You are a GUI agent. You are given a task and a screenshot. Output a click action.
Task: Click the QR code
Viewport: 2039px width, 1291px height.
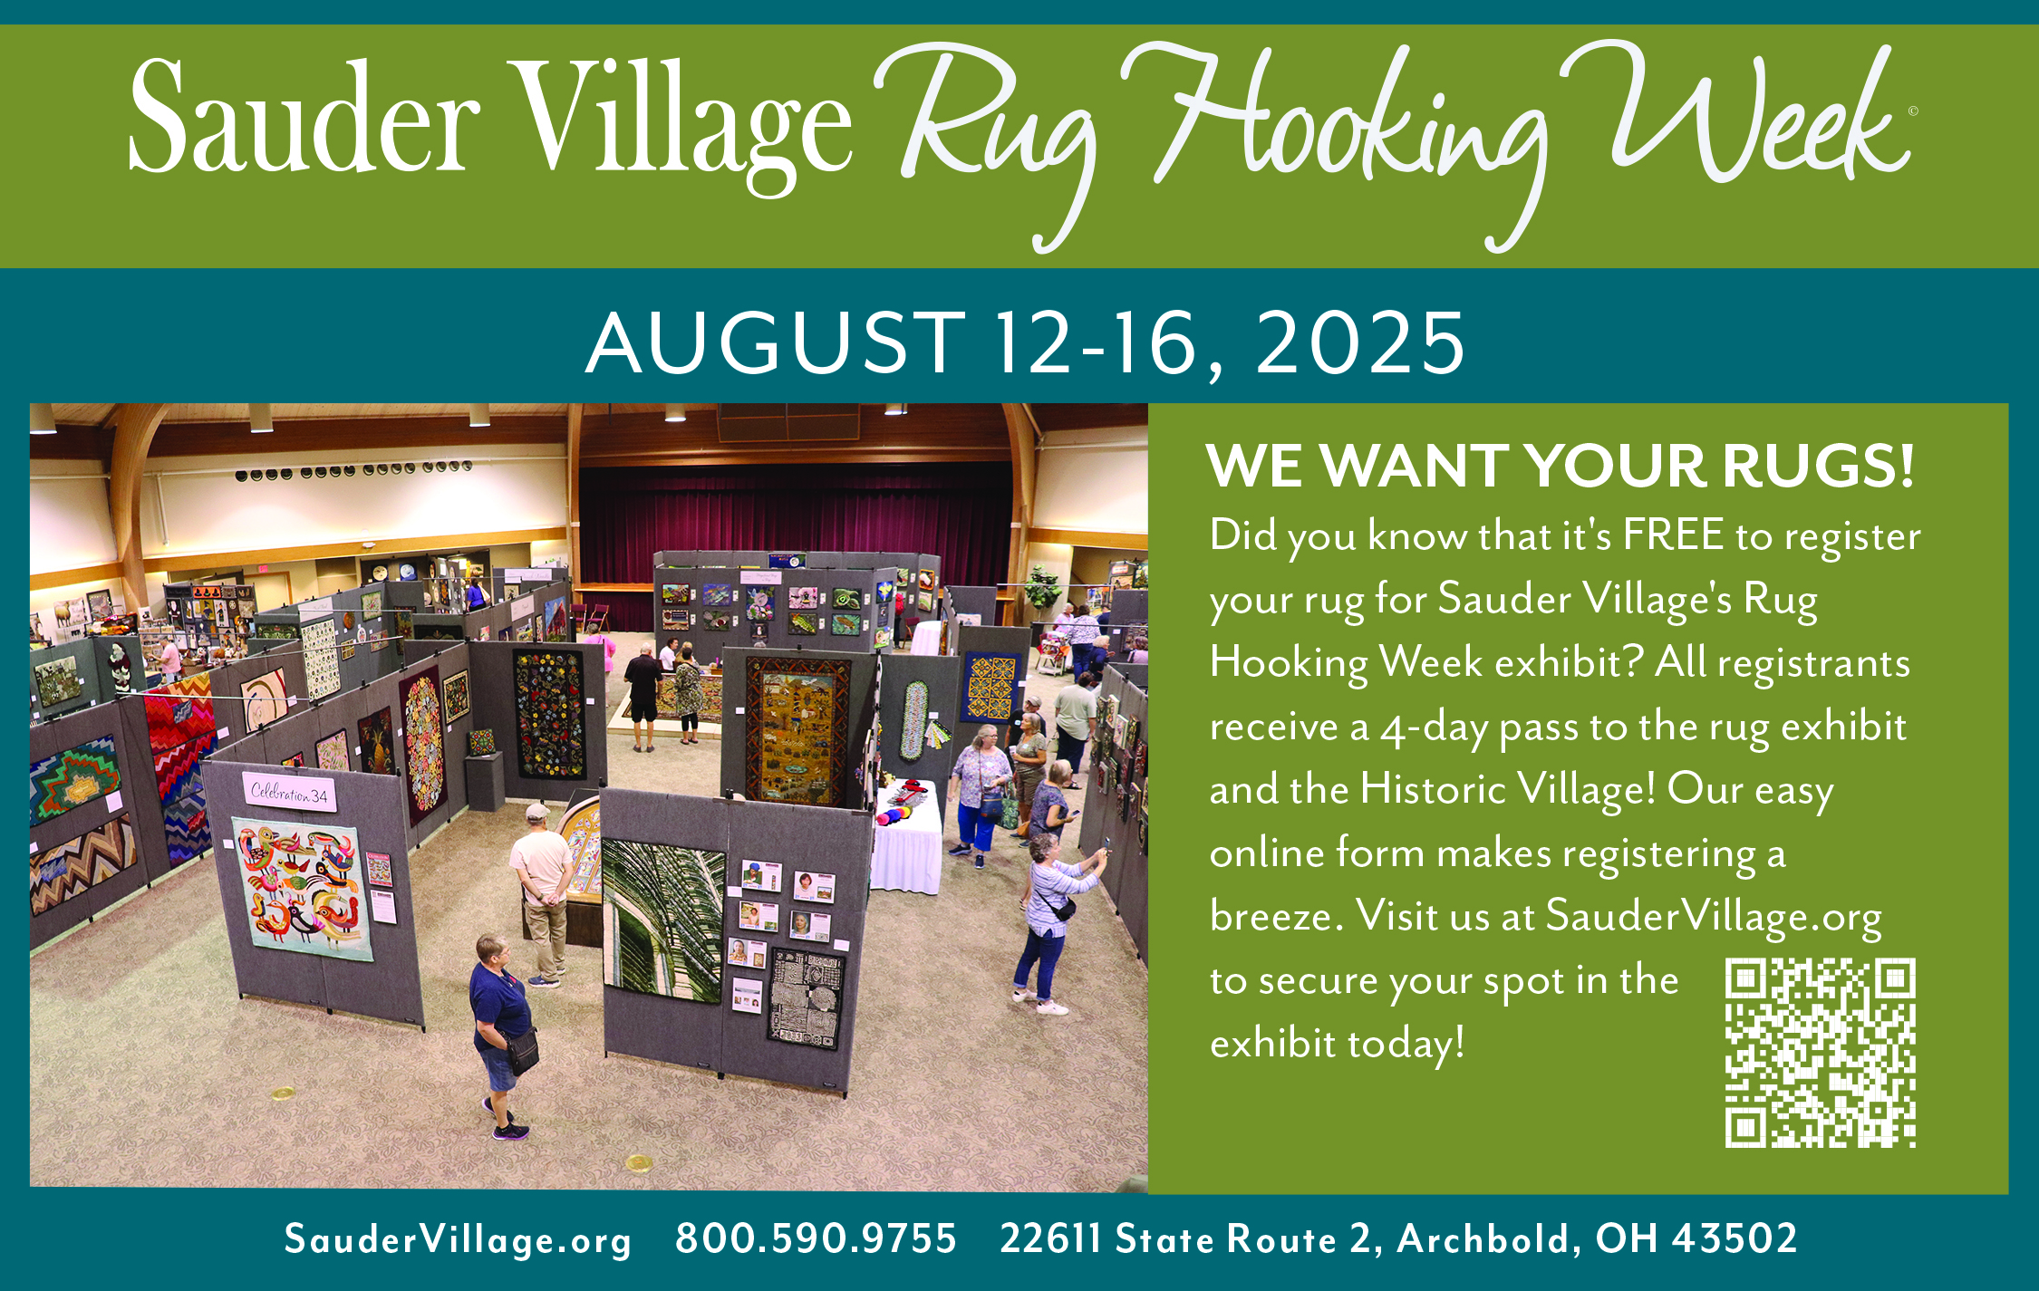point(1820,1052)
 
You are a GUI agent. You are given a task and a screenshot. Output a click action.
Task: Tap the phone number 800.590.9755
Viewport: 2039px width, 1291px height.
point(816,1238)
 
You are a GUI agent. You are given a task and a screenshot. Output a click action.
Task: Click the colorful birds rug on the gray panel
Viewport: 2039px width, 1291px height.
point(303,888)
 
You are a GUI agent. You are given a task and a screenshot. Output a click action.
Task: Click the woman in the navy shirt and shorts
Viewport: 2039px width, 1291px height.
point(501,1036)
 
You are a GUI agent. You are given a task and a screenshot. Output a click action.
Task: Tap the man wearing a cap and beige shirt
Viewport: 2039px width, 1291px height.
point(541,893)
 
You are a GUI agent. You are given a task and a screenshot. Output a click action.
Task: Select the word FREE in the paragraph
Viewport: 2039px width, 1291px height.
point(1673,535)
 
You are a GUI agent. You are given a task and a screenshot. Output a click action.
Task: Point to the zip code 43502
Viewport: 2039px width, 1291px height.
point(1735,1238)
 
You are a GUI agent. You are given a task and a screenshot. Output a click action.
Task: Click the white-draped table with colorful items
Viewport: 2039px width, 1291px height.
point(906,838)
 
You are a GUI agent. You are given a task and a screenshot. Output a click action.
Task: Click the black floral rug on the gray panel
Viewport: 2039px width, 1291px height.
point(549,713)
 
